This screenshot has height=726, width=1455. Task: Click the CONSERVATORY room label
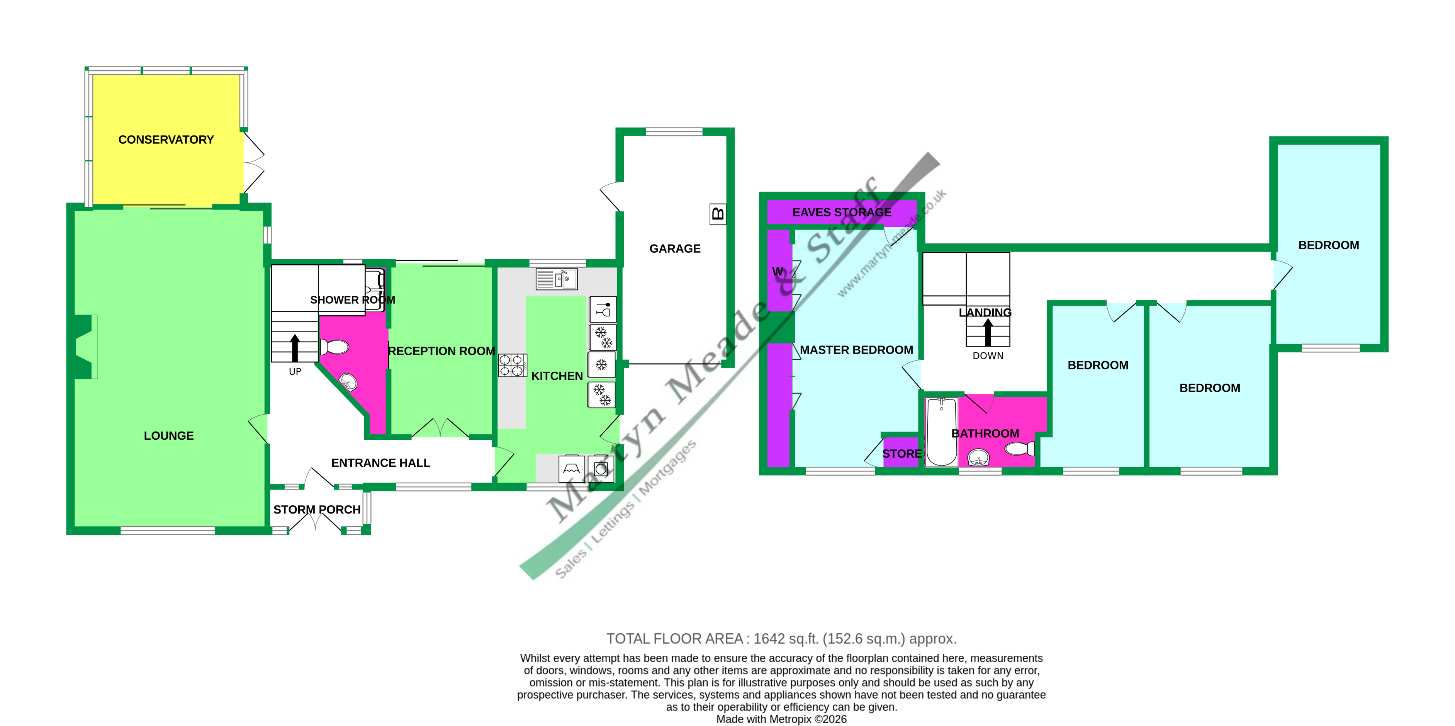click(166, 139)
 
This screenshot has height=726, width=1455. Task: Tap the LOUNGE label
click(168, 435)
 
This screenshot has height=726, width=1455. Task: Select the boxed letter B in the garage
click(717, 214)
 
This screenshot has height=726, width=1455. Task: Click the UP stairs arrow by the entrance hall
click(295, 347)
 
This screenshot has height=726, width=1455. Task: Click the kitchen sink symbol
click(556, 279)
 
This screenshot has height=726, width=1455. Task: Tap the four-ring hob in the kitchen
click(512, 366)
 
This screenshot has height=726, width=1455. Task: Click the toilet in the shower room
click(334, 346)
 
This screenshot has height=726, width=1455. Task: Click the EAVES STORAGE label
click(842, 213)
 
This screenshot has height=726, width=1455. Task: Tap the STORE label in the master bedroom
click(902, 454)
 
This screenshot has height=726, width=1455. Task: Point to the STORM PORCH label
click(317, 510)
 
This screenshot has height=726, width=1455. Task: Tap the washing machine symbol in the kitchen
click(601, 468)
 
